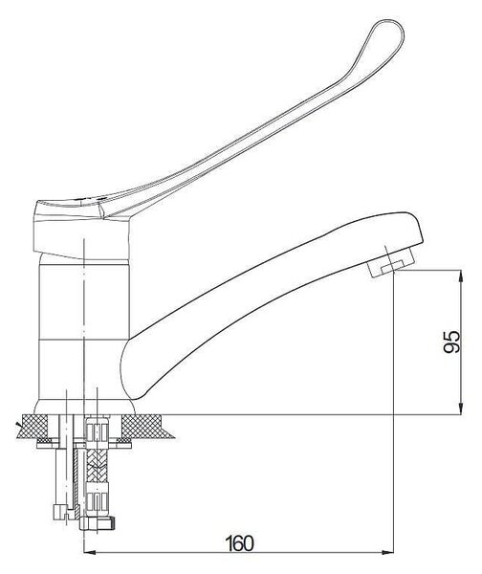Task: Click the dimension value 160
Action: click(x=239, y=542)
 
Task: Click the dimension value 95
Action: click(x=451, y=342)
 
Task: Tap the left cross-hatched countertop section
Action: click(x=34, y=427)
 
